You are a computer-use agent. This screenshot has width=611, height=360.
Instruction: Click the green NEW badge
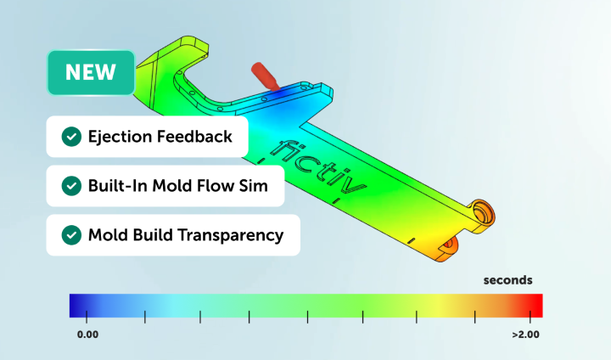(x=91, y=72)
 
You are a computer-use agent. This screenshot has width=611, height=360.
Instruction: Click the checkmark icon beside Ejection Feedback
(x=71, y=137)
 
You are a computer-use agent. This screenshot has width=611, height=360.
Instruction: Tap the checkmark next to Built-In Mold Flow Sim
(x=71, y=186)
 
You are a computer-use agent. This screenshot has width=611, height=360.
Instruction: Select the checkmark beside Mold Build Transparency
(x=71, y=235)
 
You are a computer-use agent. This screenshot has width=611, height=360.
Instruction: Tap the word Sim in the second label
(x=268, y=186)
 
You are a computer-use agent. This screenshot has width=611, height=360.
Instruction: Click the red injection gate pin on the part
(x=266, y=75)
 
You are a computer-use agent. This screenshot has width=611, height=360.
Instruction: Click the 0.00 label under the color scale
(x=87, y=335)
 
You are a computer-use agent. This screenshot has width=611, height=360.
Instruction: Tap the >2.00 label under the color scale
(x=526, y=335)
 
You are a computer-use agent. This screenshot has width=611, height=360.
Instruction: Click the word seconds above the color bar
(x=508, y=279)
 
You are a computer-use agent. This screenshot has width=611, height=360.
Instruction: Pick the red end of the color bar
(x=534, y=305)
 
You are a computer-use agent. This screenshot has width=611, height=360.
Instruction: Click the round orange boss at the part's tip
(x=485, y=211)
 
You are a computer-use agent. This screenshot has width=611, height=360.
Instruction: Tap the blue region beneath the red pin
(x=289, y=95)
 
